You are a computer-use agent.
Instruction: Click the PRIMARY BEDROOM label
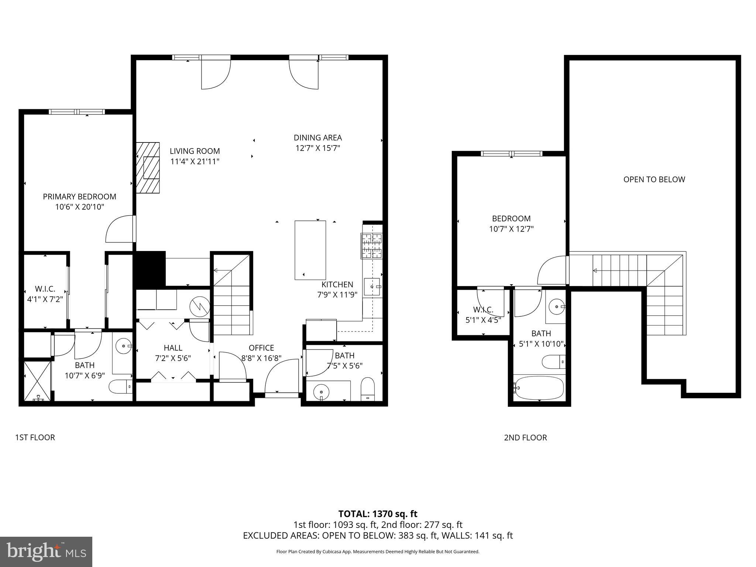click(79, 196)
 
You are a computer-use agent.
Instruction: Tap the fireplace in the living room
click(148, 168)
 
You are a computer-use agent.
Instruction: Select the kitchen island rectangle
click(310, 250)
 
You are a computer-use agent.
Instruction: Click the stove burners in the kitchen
click(372, 246)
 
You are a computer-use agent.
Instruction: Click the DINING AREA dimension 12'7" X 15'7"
click(317, 148)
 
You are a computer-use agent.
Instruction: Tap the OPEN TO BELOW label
click(654, 179)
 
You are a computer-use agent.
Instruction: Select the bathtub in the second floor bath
click(539, 388)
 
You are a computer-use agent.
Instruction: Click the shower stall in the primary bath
click(37, 381)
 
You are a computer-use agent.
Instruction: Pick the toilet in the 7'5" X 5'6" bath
click(367, 389)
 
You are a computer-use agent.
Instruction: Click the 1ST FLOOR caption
click(35, 437)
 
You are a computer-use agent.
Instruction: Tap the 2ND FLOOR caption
click(525, 437)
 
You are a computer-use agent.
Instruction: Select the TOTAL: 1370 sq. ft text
click(378, 514)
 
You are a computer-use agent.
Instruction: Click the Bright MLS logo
click(46, 551)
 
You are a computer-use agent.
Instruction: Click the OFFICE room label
click(261, 348)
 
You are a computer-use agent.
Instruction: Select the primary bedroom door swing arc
click(119, 230)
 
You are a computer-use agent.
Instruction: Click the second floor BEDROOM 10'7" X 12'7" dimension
click(511, 229)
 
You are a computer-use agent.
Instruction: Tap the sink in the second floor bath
click(556, 306)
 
